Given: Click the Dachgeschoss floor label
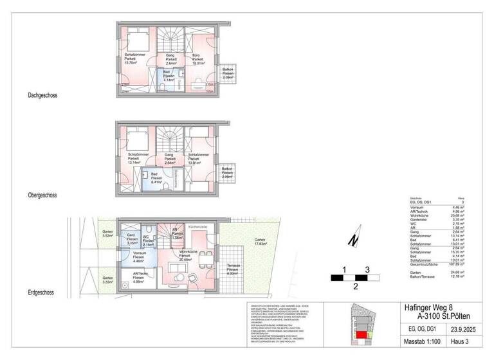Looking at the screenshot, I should pyautogui.click(x=42, y=95).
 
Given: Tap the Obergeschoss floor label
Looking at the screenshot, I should pyautogui.click(x=43, y=194).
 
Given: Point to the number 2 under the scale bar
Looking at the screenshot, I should pyautogui.click(x=355, y=287).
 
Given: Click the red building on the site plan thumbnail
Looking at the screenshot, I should pyautogui.click(x=363, y=334).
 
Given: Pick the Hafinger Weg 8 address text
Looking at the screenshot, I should pyautogui.click(x=430, y=308).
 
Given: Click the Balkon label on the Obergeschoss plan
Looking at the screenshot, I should pyautogui.click(x=227, y=173).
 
